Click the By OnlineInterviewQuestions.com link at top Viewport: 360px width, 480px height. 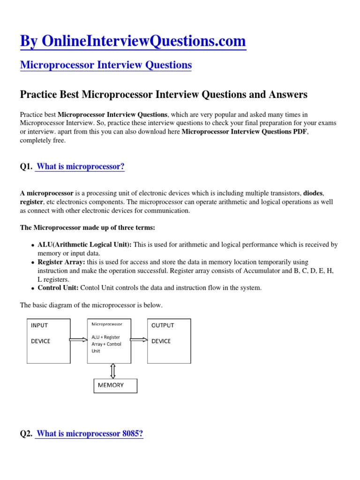click(133, 41)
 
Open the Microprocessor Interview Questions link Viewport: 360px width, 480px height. click(106, 65)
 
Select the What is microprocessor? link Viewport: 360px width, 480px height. click(80, 166)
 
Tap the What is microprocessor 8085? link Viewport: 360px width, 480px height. click(90, 434)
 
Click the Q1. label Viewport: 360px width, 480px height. click(26, 167)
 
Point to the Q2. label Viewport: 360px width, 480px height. click(26, 434)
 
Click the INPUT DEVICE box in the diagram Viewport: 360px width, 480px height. click(49, 341)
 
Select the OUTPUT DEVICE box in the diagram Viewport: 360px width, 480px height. click(169, 341)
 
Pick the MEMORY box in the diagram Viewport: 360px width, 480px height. click(115, 385)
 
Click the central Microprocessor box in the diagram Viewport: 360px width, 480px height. click(109, 341)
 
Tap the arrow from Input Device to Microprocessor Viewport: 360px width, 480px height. click(79, 341)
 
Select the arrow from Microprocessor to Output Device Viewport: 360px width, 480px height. click(139, 341)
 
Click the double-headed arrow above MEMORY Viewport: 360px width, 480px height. click(112, 370)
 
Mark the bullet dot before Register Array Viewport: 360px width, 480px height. click(32, 263)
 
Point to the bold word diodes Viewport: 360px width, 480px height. click(313, 193)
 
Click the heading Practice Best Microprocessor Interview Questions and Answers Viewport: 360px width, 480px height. click(164, 95)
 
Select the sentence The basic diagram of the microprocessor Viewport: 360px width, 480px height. click(91, 305)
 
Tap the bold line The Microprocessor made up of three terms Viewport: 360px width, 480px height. click(87, 227)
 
